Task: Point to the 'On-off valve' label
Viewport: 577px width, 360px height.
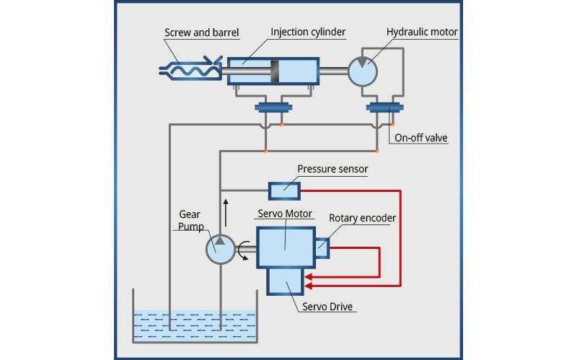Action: click(x=421, y=137)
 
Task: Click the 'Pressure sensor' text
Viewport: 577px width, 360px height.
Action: click(x=332, y=169)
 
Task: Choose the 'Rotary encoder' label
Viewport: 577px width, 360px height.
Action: click(x=362, y=218)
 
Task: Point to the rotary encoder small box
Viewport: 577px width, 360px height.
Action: click(x=322, y=248)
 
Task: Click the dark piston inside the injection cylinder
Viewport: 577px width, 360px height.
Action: click(x=275, y=71)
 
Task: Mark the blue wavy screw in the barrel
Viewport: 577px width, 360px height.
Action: click(x=190, y=70)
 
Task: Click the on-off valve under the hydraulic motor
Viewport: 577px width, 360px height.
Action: click(x=384, y=109)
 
